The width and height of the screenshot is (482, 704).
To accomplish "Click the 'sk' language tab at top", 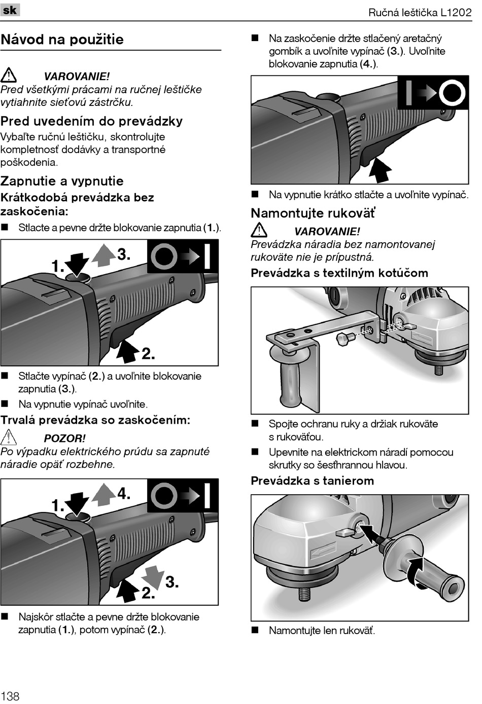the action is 10,10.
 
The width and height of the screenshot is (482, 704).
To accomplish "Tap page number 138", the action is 10,696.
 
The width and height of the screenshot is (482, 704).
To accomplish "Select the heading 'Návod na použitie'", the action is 62,40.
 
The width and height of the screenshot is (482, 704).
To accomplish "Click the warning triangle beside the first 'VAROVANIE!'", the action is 9,75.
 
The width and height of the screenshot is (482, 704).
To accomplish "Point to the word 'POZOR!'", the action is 64,438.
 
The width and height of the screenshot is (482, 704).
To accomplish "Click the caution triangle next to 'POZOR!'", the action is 9,437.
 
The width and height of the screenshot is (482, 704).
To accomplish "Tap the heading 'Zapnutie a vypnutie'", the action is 62,181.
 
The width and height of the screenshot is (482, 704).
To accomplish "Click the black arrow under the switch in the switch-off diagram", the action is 380,170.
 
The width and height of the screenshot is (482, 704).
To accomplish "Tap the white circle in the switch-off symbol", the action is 452,93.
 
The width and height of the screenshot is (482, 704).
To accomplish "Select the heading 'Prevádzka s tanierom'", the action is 313,481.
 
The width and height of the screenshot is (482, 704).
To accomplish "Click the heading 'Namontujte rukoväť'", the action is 313,213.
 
